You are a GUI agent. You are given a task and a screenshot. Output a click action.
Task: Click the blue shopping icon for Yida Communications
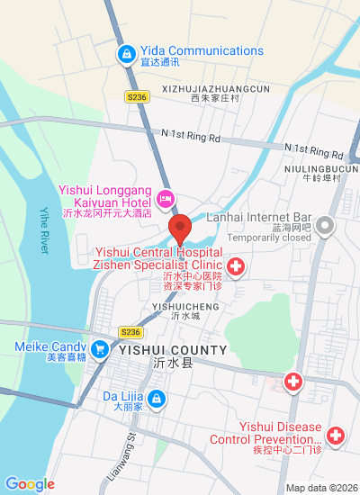pyautogui.click(x=127, y=56)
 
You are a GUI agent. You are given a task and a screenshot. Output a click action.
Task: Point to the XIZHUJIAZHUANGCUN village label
pyautogui.click(x=216, y=89)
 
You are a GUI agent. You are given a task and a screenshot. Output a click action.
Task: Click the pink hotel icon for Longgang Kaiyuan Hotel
pyautogui.click(x=165, y=198)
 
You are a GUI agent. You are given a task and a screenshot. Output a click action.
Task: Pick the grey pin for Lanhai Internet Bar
pyautogui.click(x=325, y=225)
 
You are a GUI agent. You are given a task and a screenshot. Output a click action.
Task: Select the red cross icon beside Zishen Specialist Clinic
pyautogui.click(x=236, y=266)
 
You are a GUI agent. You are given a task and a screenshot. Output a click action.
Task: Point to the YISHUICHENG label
pyautogui.click(x=185, y=306)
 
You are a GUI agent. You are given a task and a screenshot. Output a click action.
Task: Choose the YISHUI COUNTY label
pyautogui.click(x=170, y=348)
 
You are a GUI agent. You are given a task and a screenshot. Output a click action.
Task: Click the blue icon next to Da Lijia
pyautogui.click(x=156, y=397)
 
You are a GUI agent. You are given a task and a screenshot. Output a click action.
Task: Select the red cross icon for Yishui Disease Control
pyautogui.click(x=336, y=436)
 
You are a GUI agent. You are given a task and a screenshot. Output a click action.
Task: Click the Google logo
pyautogui.click(x=30, y=484)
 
